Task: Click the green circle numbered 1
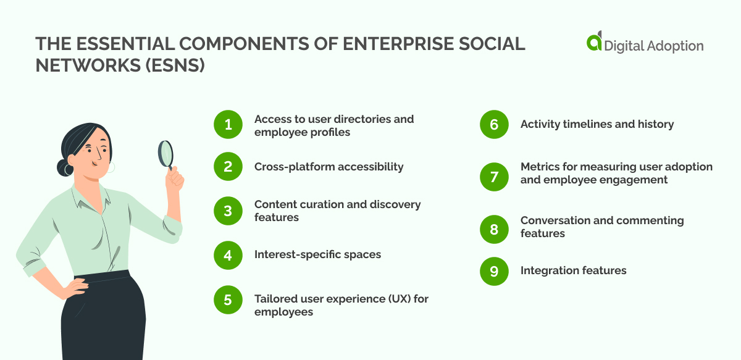pyautogui.click(x=228, y=125)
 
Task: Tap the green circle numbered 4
pyautogui.click(x=228, y=255)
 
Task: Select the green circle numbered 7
pyautogui.click(x=494, y=177)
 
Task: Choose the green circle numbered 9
pyautogui.click(x=494, y=271)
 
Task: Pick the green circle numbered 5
pyautogui.click(x=228, y=300)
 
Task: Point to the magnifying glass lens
pyautogui.click(x=165, y=153)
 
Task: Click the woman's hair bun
pyautogui.click(x=65, y=167)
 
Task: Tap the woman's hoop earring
pyautogui.click(x=112, y=167)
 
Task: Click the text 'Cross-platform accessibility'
pyautogui.click(x=329, y=167)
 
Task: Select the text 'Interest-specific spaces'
pyautogui.click(x=317, y=254)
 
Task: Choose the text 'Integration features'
pyautogui.click(x=573, y=270)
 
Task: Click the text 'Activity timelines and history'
pyautogui.click(x=597, y=124)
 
